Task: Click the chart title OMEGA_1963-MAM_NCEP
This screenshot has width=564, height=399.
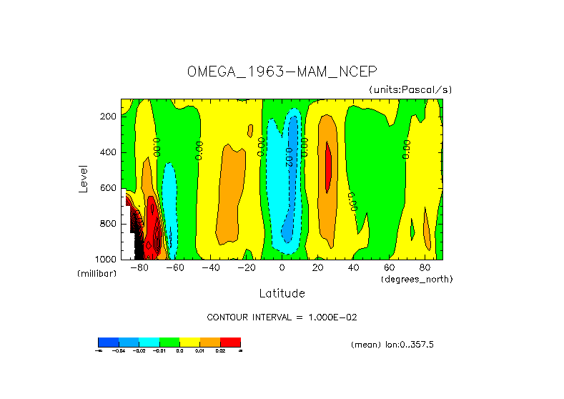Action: tap(282, 72)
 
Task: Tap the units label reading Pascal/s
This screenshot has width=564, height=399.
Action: tap(410, 89)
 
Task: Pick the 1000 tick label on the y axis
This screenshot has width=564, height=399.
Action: tap(107, 259)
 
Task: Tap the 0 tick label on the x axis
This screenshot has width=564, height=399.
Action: tap(282, 267)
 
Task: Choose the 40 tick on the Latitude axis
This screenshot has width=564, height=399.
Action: tap(353, 267)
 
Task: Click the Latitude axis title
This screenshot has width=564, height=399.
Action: tap(282, 293)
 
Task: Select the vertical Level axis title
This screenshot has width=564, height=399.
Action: tap(84, 178)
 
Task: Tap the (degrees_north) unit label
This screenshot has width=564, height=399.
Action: tap(417, 278)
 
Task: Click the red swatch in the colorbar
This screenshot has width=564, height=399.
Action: tap(230, 342)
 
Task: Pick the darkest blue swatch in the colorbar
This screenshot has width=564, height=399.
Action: tap(108, 342)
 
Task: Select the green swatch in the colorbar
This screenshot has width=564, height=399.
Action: tap(169, 342)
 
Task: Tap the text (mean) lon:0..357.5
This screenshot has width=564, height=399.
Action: tap(392, 345)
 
